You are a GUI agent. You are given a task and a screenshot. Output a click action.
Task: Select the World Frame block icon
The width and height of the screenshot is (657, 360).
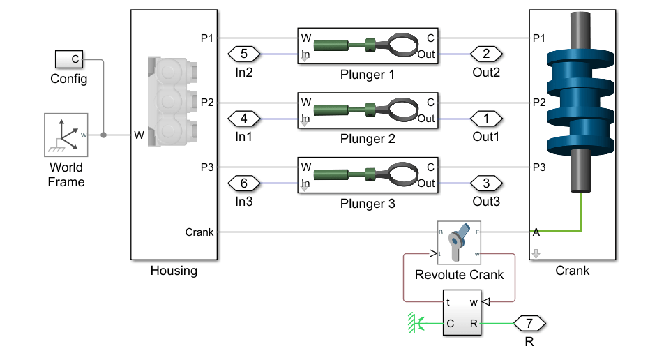coord(65,135)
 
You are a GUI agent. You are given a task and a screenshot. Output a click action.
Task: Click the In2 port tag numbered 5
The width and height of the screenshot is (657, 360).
coord(243,53)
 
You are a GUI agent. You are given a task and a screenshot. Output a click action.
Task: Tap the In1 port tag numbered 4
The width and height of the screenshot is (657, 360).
coord(243,118)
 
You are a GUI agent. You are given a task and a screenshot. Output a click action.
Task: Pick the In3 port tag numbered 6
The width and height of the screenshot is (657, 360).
coord(243,183)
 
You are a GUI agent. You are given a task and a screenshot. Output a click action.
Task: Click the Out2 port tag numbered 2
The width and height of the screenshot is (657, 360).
coord(486,53)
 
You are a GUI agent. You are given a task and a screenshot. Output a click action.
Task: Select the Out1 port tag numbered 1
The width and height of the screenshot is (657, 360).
coord(486,118)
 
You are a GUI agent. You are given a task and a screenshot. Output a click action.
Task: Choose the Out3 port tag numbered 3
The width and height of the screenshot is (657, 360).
coord(486,183)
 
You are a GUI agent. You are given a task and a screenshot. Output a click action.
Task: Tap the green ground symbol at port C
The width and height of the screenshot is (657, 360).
coord(416,323)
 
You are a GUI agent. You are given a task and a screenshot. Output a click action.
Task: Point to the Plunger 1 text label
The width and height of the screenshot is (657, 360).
coord(368,74)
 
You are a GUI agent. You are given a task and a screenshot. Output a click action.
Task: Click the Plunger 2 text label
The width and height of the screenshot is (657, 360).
coord(368,139)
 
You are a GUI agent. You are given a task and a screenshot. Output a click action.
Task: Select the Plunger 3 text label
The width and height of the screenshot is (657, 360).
coord(368,204)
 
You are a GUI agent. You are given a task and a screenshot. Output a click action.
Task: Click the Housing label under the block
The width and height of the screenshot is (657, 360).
coord(174,271)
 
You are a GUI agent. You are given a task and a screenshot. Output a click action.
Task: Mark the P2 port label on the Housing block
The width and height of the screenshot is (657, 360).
coord(207,103)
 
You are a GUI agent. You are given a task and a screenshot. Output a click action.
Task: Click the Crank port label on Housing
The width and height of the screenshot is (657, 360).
coord(199,232)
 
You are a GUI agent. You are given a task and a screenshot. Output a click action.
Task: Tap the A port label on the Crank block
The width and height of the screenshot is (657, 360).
coord(536,232)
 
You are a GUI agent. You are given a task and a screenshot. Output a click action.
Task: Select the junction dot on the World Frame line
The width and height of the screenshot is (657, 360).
coord(104,135)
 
